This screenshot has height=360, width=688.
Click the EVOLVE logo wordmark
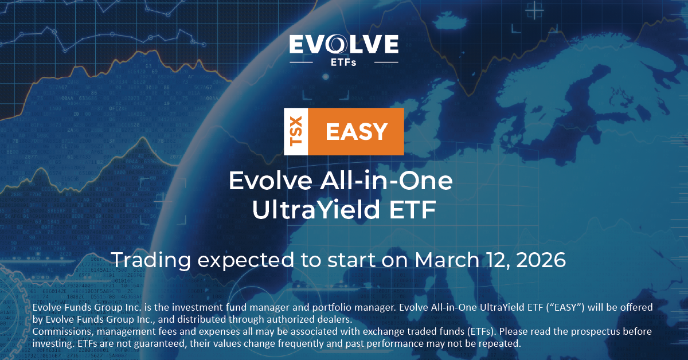(343, 44)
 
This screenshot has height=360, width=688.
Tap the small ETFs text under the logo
(343, 62)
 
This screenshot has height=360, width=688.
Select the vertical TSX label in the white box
(296, 131)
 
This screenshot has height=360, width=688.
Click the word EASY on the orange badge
(356, 132)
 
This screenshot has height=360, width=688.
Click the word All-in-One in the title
(386, 181)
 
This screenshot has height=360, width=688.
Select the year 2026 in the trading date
(541, 260)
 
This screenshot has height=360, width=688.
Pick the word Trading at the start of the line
(151, 260)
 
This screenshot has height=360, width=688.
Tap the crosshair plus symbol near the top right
(534, 11)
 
